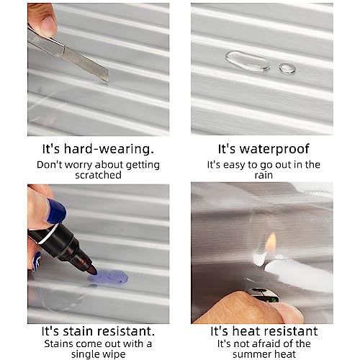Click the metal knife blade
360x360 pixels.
click(x=86, y=63)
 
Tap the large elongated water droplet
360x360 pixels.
click(x=247, y=62)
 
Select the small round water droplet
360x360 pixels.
click(x=288, y=68)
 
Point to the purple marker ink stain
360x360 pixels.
click(x=108, y=276)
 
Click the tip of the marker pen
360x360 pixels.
click(x=94, y=271)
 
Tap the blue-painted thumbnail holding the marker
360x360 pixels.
click(x=56, y=211)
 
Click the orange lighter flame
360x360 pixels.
click(x=271, y=242)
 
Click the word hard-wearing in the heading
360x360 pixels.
click(x=109, y=149)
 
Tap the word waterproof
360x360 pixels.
click(x=274, y=149)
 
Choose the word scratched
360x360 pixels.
click(x=98, y=175)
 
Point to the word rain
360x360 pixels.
click(x=264, y=175)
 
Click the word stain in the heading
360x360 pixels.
click(x=76, y=331)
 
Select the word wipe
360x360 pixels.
click(x=115, y=354)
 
